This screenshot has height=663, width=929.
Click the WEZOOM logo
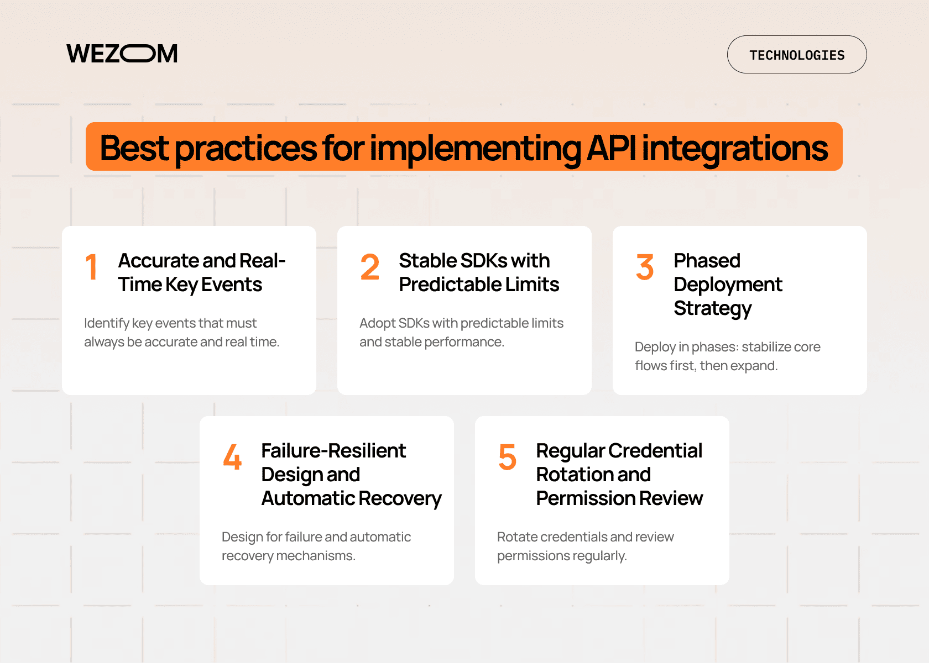pyautogui.click(x=122, y=54)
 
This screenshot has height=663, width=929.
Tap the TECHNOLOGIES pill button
pyautogui.click(x=796, y=55)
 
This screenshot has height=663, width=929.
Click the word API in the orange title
pyautogui.click(x=611, y=148)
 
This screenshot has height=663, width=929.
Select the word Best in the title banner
pyautogui.click(x=134, y=148)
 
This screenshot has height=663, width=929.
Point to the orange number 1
pyautogui.click(x=92, y=267)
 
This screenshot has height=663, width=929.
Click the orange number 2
pyautogui.click(x=370, y=267)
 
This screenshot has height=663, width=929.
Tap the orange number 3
pyautogui.click(x=645, y=267)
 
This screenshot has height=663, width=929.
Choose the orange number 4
pyautogui.click(x=232, y=457)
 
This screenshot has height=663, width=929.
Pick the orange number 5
pyautogui.click(x=507, y=457)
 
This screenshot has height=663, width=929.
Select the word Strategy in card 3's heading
pyautogui.click(x=712, y=308)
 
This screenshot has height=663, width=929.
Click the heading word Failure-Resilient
pyautogui.click(x=333, y=451)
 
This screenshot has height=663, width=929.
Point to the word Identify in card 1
pyautogui.click(x=107, y=323)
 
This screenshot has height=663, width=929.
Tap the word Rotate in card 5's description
pyautogui.click(x=517, y=537)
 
